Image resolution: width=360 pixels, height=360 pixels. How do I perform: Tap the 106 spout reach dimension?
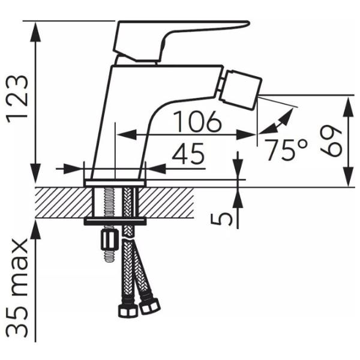click(197, 121)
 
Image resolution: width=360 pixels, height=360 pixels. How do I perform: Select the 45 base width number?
click(188, 154)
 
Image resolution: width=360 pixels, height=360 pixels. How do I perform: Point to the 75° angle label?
click(286, 149)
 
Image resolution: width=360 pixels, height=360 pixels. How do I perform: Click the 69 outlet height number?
click(331, 141)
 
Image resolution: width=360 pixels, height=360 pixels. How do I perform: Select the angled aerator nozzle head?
click(241, 91)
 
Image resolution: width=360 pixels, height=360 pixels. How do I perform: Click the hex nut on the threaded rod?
click(109, 241)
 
